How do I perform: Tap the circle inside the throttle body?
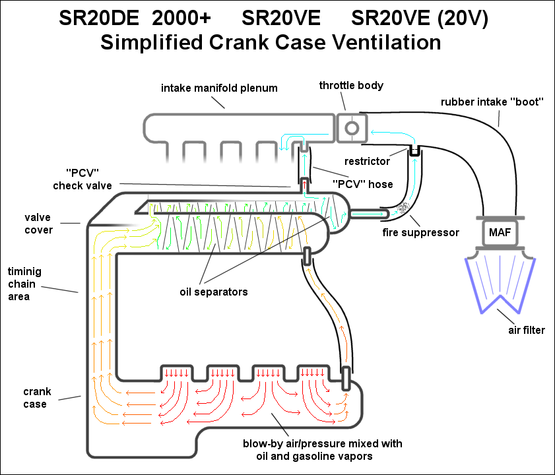click(352, 125)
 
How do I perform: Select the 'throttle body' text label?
click(351, 86)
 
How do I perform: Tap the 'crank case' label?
click(37, 398)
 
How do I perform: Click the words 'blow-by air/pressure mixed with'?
click(323, 443)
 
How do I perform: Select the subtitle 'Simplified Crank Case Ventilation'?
click(270, 43)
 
